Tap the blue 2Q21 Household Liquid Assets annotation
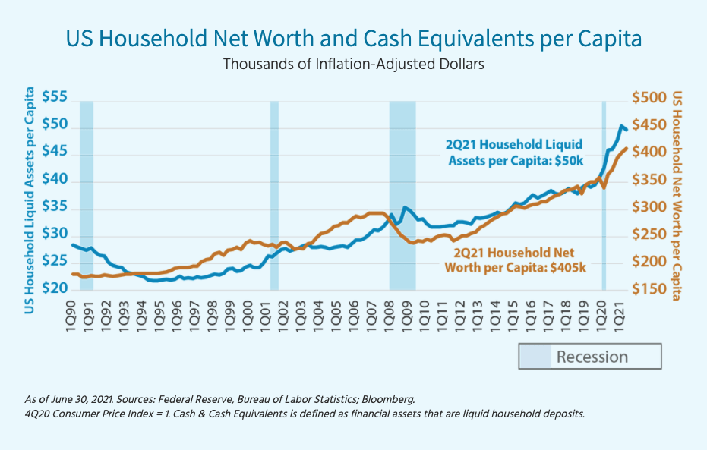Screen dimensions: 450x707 coord(515,152)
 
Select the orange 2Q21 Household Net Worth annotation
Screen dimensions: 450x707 coord(513,260)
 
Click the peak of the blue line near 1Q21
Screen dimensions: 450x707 coord(621,126)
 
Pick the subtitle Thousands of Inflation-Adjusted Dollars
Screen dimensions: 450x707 coord(353,64)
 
